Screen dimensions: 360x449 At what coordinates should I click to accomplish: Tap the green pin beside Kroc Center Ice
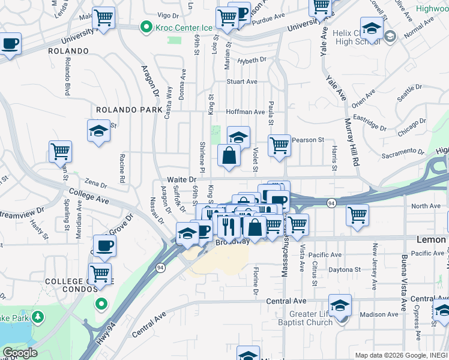click(x=145, y=28)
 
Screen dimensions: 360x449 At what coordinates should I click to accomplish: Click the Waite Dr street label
click(x=181, y=179)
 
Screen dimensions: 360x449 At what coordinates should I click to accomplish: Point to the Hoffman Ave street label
click(x=245, y=112)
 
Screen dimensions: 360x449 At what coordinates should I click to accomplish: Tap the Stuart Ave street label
click(x=241, y=82)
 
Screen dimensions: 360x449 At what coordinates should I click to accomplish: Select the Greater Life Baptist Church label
click(x=310, y=318)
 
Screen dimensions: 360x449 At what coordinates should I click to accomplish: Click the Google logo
click(x=20, y=353)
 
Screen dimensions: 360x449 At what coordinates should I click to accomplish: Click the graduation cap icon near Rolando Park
click(x=99, y=131)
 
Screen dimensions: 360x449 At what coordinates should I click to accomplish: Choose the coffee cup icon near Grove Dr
click(x=104, y=245)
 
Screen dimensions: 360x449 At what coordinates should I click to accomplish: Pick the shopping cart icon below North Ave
click(x=358, y=214)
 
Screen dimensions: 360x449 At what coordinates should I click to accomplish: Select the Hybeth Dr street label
click(x=252, y=60)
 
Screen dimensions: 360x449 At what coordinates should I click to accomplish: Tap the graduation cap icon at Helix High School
click(x=372, y=29)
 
